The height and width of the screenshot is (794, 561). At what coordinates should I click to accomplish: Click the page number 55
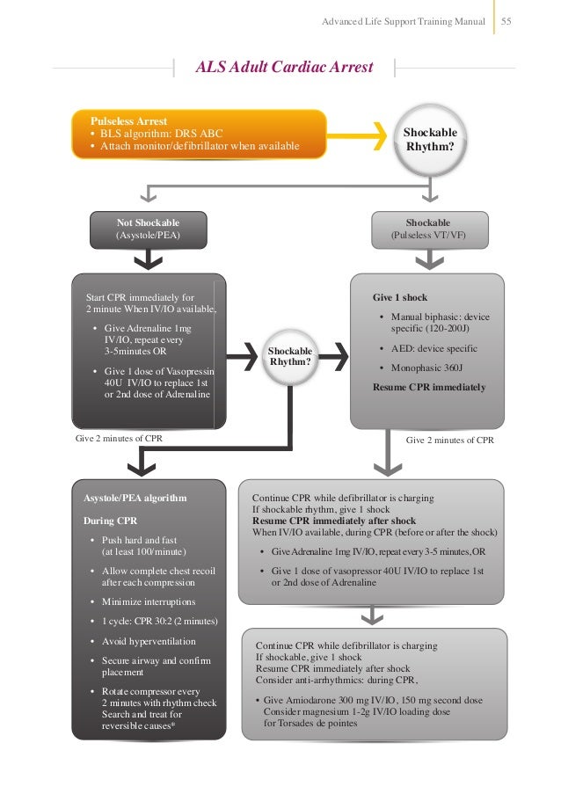506,19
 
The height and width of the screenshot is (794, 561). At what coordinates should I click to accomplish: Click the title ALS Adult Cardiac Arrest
283,67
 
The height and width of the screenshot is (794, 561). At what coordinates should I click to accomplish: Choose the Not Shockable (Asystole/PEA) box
148,229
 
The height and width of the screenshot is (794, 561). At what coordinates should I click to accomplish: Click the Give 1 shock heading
400,297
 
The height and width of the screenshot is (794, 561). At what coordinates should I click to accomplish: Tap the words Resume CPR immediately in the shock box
429,387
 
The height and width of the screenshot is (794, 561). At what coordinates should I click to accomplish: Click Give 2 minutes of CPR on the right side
449,438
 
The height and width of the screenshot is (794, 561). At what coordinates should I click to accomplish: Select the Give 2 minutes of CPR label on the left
119,438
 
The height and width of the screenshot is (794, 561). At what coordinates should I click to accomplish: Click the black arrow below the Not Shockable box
148,258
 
